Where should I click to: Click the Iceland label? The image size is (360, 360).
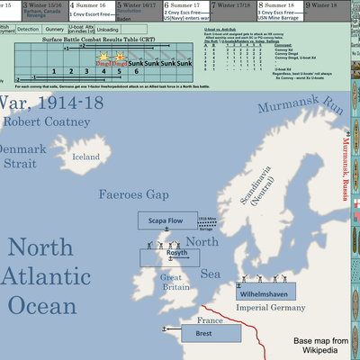(86, 157)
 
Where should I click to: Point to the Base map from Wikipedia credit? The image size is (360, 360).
(322, 347)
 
